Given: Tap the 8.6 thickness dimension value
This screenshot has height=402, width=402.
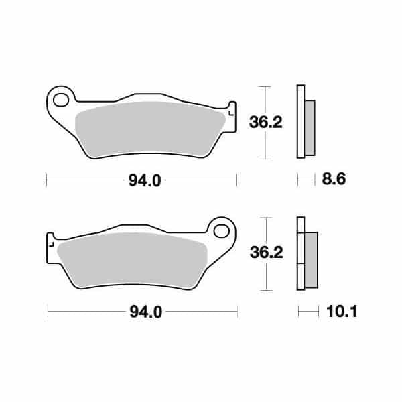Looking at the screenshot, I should [333, 180].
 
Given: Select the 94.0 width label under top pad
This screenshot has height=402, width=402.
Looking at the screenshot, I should [142, 180].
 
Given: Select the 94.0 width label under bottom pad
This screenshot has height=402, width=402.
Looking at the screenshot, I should [143, 312].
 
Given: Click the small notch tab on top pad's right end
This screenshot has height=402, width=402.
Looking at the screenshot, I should [232, 111].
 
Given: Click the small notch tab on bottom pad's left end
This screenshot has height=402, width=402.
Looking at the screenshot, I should [50, 241].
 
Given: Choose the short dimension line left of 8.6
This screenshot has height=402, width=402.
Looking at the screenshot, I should [306, 180].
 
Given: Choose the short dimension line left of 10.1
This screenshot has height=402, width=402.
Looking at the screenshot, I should [308, 311].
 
